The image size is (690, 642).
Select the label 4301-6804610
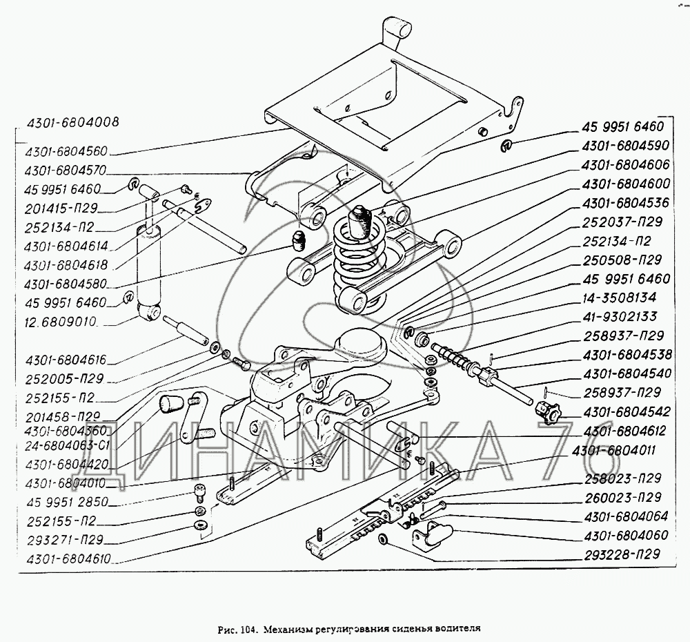click(x=68, y=559)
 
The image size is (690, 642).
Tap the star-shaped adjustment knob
click(x=547, y=412)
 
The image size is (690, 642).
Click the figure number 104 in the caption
click(x=248, y=629)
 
